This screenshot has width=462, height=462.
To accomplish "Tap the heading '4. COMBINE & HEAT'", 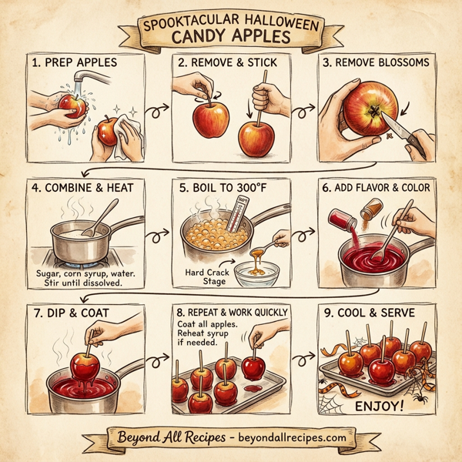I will pos(78,187).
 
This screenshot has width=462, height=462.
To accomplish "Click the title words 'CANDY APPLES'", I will pos(231,36).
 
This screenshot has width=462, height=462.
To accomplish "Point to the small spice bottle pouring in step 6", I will pos(371,207).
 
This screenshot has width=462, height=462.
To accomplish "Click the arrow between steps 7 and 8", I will pos(159,359).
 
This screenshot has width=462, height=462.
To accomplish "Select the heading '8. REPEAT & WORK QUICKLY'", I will pos(231,312).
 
